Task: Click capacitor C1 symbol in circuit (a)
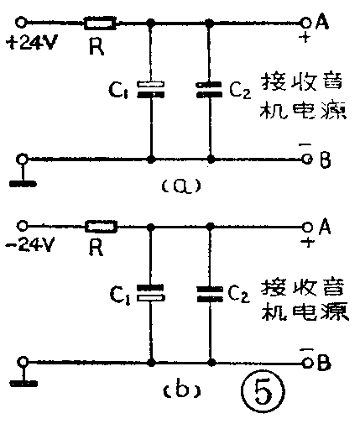click(x=151, y=87)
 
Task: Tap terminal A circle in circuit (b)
click(x=307, y=226)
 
